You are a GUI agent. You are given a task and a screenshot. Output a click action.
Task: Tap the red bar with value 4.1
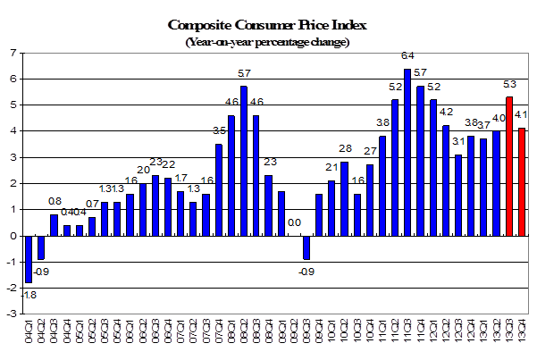(x=522, y=182)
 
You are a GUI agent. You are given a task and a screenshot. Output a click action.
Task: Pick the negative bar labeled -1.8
(x=28, y=259)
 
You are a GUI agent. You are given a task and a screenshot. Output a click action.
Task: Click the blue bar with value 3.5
(x=219, y=189)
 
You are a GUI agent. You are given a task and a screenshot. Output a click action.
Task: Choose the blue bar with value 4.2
(x=446, y=180)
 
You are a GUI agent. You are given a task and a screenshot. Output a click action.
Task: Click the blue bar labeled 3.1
(x=458, y=195)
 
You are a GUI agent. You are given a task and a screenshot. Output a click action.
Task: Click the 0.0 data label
(x=292, y=223)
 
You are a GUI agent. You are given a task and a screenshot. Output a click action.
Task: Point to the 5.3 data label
(x=509, y=87)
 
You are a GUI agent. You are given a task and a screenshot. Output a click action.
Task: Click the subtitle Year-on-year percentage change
(x=268, y=41)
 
